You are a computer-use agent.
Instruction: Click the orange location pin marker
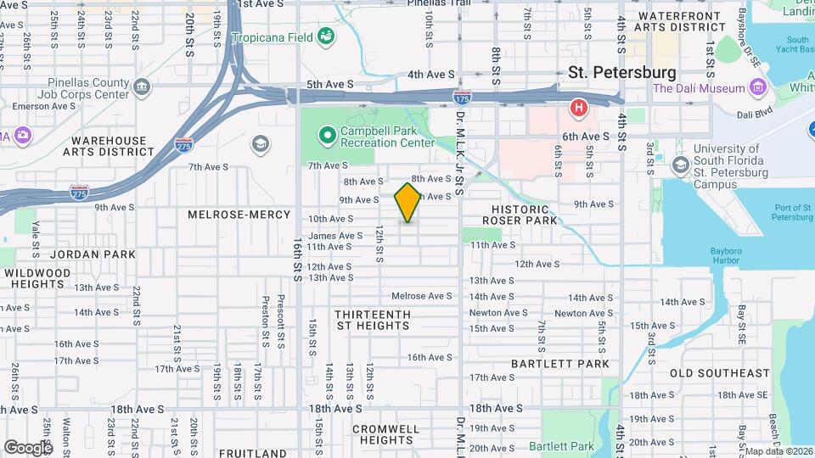coord(407,203)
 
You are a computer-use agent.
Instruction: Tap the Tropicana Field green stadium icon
coord(324,36)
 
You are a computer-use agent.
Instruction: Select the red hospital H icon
coord(579,108)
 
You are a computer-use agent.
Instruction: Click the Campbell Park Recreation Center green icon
coord(326,136)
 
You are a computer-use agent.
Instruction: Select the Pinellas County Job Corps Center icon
coord(142,86)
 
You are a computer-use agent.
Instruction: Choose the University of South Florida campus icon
coord(680,164)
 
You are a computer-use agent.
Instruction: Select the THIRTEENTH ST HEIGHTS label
coord(373,320)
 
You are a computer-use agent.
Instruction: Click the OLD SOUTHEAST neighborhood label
coord(719,373)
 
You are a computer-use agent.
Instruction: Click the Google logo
coord(28,447)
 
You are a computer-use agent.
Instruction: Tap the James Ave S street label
coord(335,236)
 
